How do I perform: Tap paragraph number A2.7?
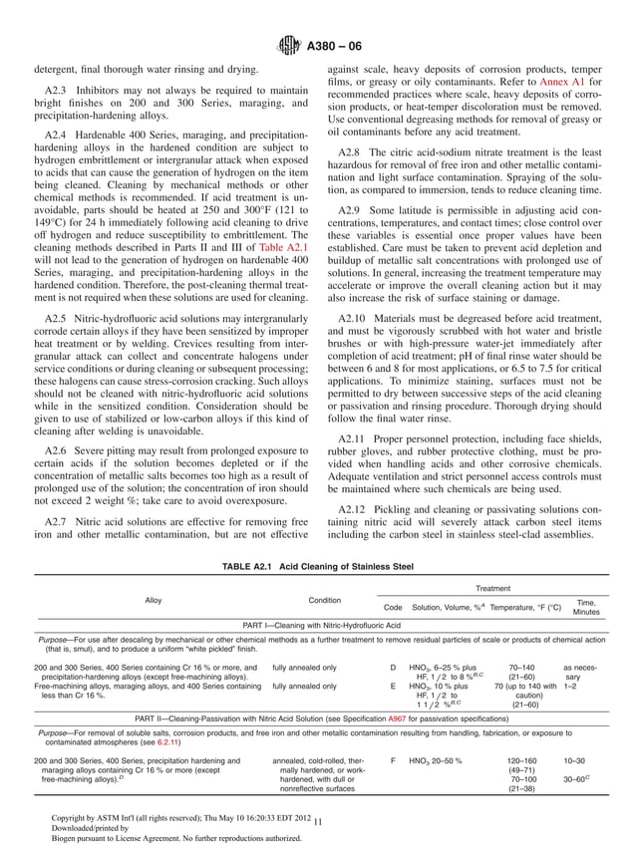point(60,522)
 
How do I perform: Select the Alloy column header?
point(154,600)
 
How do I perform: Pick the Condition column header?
point(324,600)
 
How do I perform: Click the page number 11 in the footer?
point(317,821)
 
